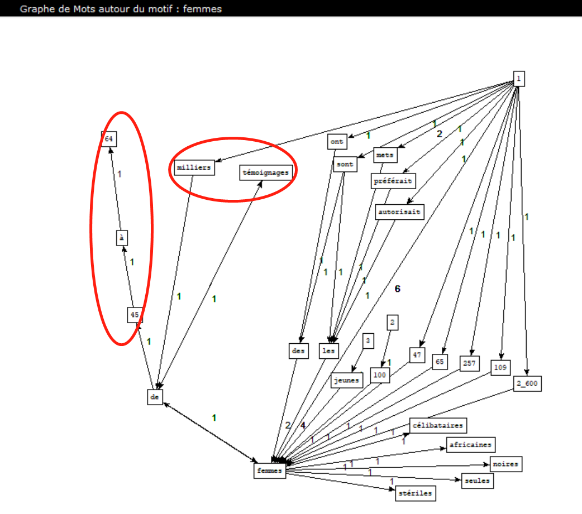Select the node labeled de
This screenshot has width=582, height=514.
click(155, 397)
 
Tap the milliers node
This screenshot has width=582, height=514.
click(194, 167)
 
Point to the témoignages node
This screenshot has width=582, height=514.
click(266, 172)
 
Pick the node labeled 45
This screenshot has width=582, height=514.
click(135, 315)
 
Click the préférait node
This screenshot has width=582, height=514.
click(393, 181)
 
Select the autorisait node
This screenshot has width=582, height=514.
click(400, 212)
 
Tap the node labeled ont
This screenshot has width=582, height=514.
click(337, 142)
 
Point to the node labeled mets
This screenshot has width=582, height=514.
click(385, 155)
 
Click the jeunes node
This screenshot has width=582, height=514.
click(347, 380)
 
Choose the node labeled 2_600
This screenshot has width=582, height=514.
click(528, 383)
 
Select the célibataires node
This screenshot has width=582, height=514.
click(437, 425)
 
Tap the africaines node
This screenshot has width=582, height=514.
click(470, 444)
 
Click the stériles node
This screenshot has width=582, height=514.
click(413, 493)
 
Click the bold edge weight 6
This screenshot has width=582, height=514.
click(398, 289)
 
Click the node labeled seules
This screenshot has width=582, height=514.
click(478, 481)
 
